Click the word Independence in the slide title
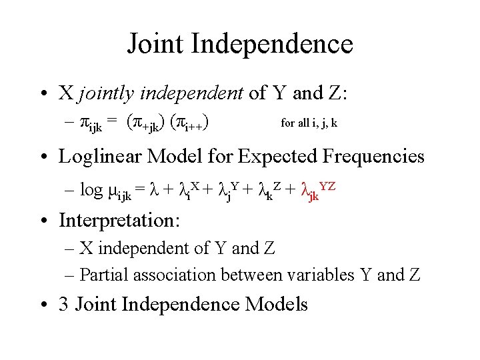pyautogui.click(x=271, y=45)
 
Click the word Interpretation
pyautogui.click(x=120, y=219)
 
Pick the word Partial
pyautogui.click(x=101, y=275)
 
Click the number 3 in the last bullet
pyautogui.click(x=63, y=305)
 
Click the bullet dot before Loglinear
pyautogui.click(x=44, y=157)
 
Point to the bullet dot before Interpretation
pyautogui.click(x=44, y=220)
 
